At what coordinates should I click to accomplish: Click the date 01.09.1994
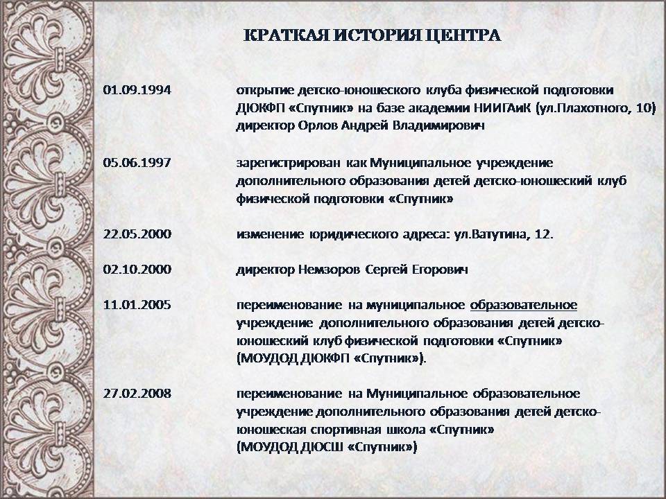point(137,90)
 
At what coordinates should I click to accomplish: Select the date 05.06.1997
point(137,162)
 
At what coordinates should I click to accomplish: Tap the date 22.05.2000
point(137,234)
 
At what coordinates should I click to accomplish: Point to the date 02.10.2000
point(137,269)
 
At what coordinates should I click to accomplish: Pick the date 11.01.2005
point(137,305)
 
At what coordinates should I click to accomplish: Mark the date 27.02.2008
point(137,394)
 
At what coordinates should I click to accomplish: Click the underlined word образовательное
point(524,305)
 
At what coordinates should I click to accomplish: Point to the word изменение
point(270,234)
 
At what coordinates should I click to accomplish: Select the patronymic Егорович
point(440,270)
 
